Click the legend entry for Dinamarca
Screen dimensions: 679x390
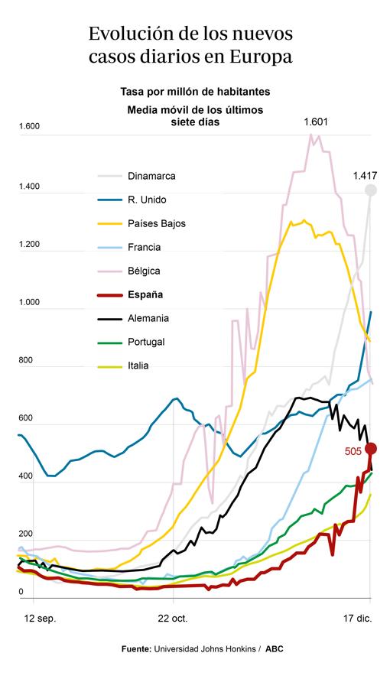[151, 176]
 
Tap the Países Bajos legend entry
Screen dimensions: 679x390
[157, 223]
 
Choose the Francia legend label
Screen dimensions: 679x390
[145, 247]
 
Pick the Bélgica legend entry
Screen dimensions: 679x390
[145, 271]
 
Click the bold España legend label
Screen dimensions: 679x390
[145, 294]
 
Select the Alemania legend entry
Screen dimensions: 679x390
[148, 318]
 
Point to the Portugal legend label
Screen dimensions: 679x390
[147, 342]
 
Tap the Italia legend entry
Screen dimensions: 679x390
[139, 365]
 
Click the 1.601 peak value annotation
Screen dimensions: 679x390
[316, 122]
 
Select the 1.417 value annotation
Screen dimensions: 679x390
[365, 175]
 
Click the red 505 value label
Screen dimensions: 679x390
[353, 452]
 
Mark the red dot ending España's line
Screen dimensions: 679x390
[371, 448]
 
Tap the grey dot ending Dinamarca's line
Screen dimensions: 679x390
[371, 190]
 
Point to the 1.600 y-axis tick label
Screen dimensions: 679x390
[28, 127]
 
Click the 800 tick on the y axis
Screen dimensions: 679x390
[26, 360]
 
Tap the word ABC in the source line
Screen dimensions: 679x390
[275, 649]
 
